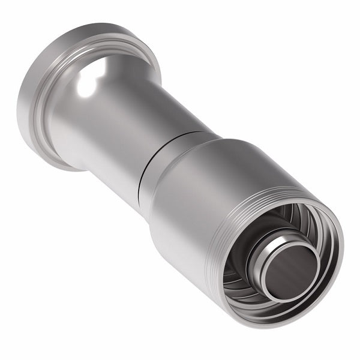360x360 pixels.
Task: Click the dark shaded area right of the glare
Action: (x=120, y=72)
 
